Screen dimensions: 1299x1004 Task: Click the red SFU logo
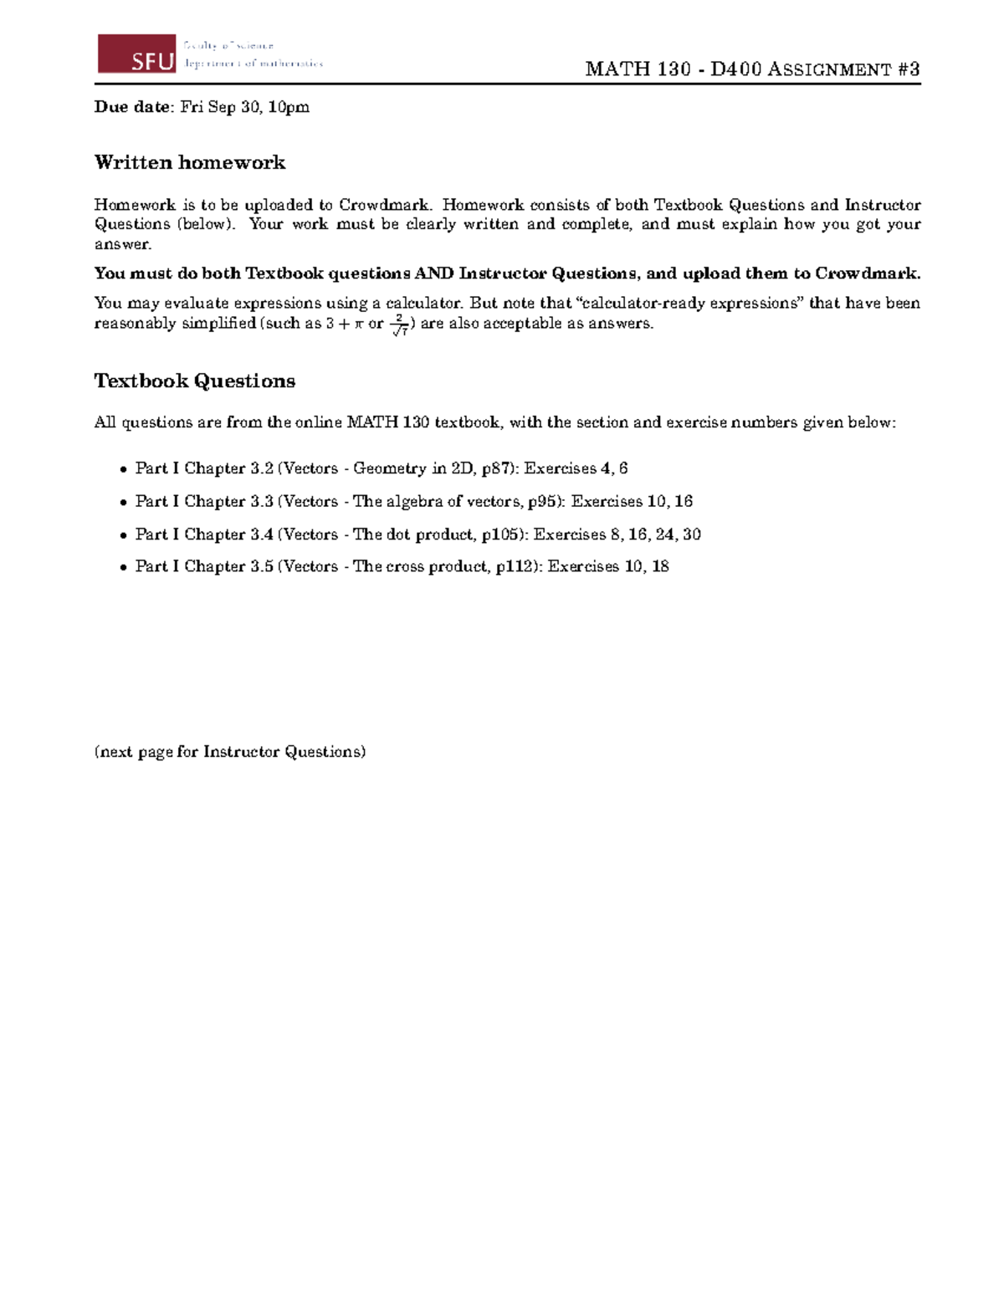[136, 54]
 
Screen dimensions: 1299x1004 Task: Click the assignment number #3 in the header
[909, 69]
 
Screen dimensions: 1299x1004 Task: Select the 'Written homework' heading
[190, 162]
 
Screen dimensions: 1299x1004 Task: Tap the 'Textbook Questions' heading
[195, 381]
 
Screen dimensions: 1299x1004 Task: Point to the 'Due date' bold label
[132, 107]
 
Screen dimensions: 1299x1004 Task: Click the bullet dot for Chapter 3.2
[124, 469]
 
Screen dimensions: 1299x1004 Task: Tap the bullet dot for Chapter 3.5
[124, 567]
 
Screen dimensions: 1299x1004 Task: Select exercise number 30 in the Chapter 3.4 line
[691, 534]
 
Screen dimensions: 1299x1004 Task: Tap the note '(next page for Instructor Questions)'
[230, 751]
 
